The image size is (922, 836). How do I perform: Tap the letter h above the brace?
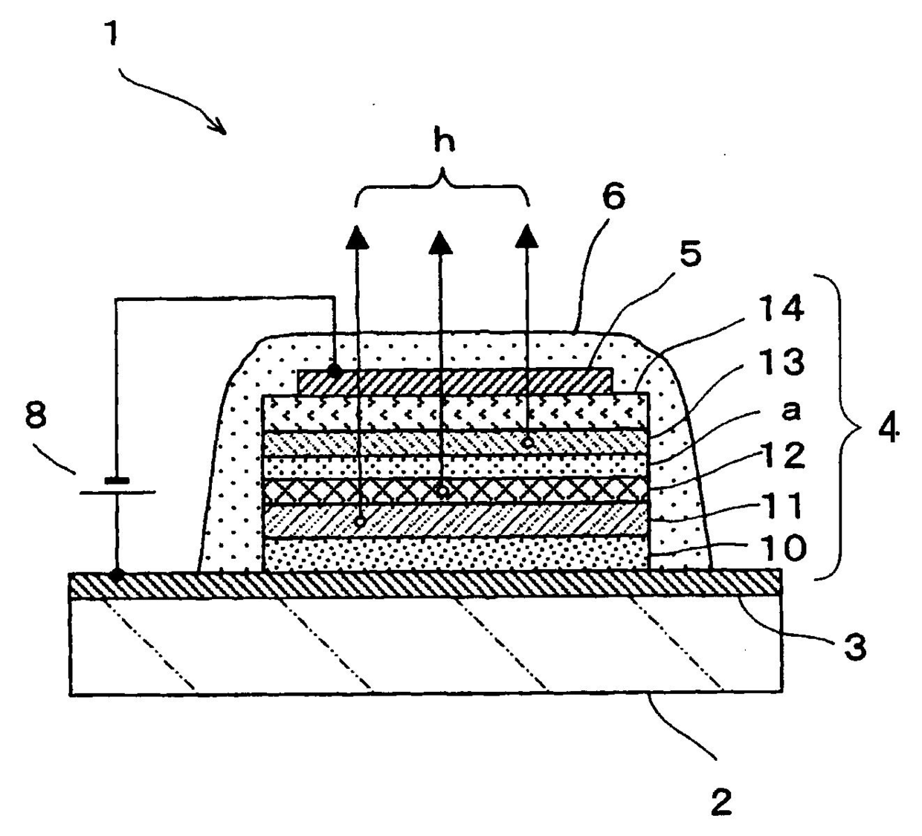444,140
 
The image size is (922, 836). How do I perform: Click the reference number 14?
780,308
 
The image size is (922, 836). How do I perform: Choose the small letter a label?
791,409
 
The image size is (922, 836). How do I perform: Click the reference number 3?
854,647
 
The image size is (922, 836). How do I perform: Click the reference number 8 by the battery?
36,418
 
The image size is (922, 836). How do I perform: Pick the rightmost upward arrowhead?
528,236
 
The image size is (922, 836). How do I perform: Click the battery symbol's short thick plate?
117,480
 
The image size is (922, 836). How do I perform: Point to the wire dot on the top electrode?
335,369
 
